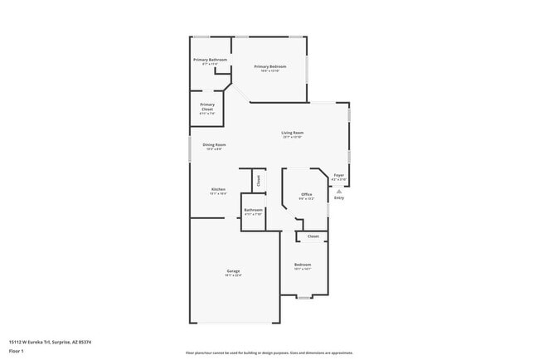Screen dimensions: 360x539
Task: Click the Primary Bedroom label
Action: [x=270, y=66]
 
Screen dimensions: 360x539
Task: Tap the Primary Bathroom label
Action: [x=210, y=60]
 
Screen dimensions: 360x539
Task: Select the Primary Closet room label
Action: [x=207, y=105]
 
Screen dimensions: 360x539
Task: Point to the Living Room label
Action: [x=292, y=133]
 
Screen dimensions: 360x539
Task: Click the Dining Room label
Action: [x=215, y=145]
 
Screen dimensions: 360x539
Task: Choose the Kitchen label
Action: [x=218, y=189]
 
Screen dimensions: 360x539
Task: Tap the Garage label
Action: [x=234, y=271]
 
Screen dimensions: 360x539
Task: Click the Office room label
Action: [x=306, y=194]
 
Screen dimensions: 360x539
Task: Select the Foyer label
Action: [x=338, y=175]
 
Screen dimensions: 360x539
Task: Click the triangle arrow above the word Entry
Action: [x=338, y=191]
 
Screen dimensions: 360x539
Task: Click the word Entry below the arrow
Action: [x=338, y=198]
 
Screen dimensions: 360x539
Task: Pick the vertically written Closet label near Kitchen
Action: [x=258, y=180]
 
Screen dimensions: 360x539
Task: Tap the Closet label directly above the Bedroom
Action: [x=313, y=236]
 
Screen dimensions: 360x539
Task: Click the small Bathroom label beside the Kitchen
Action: [x=253, y=210]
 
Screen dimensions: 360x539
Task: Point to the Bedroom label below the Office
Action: [x=303, y=265]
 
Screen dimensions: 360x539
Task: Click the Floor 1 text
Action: [x=17, y=351]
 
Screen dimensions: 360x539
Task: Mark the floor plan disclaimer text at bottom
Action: [x=269, y=352]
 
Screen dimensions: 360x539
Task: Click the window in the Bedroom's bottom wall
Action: [x=303, y=297]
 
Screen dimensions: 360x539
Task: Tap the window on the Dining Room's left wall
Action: [x=190, y=148]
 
